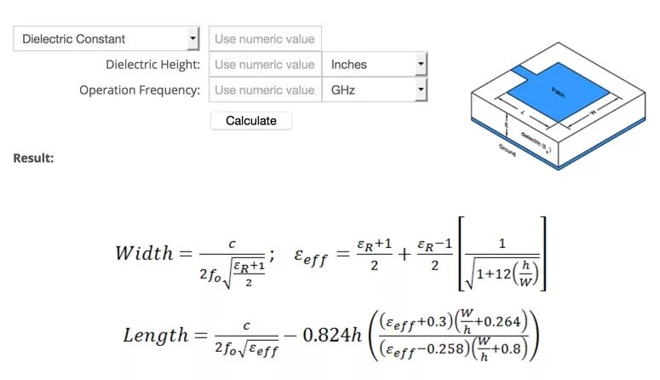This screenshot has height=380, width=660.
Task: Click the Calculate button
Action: [x=250, y=121]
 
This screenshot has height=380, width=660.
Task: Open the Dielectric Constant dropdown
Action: [x=106, y=38]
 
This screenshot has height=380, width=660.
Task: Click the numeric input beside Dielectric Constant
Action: [x=265, y=38]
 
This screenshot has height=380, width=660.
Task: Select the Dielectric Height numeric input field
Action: [x=265, y=64]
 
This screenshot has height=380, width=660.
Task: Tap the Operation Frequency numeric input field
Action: [x=265, y=89]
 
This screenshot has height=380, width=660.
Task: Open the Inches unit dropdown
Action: [x=374, y=64]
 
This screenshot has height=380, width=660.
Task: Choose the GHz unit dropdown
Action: [x=374, y=89]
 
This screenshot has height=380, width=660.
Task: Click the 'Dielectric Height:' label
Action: [x=152, y=64]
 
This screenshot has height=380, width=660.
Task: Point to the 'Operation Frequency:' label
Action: [x=140, y=89]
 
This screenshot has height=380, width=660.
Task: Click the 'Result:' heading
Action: [x=33, y=158]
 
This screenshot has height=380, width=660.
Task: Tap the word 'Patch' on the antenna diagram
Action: [x=558, y=89]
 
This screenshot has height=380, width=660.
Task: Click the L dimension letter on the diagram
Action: [x=523, y=111]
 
